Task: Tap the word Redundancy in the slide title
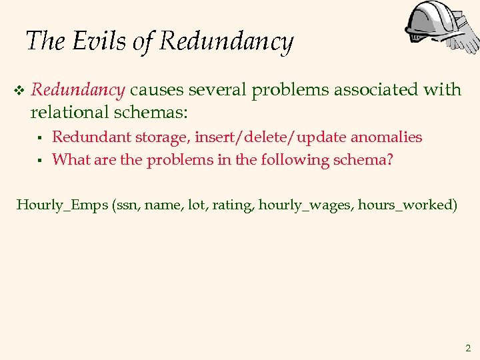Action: (x=227, y=42)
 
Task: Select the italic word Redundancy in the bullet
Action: (x=77, y=89)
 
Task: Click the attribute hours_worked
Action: (x=407, y=205)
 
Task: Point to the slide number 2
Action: (x=467, y=347)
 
